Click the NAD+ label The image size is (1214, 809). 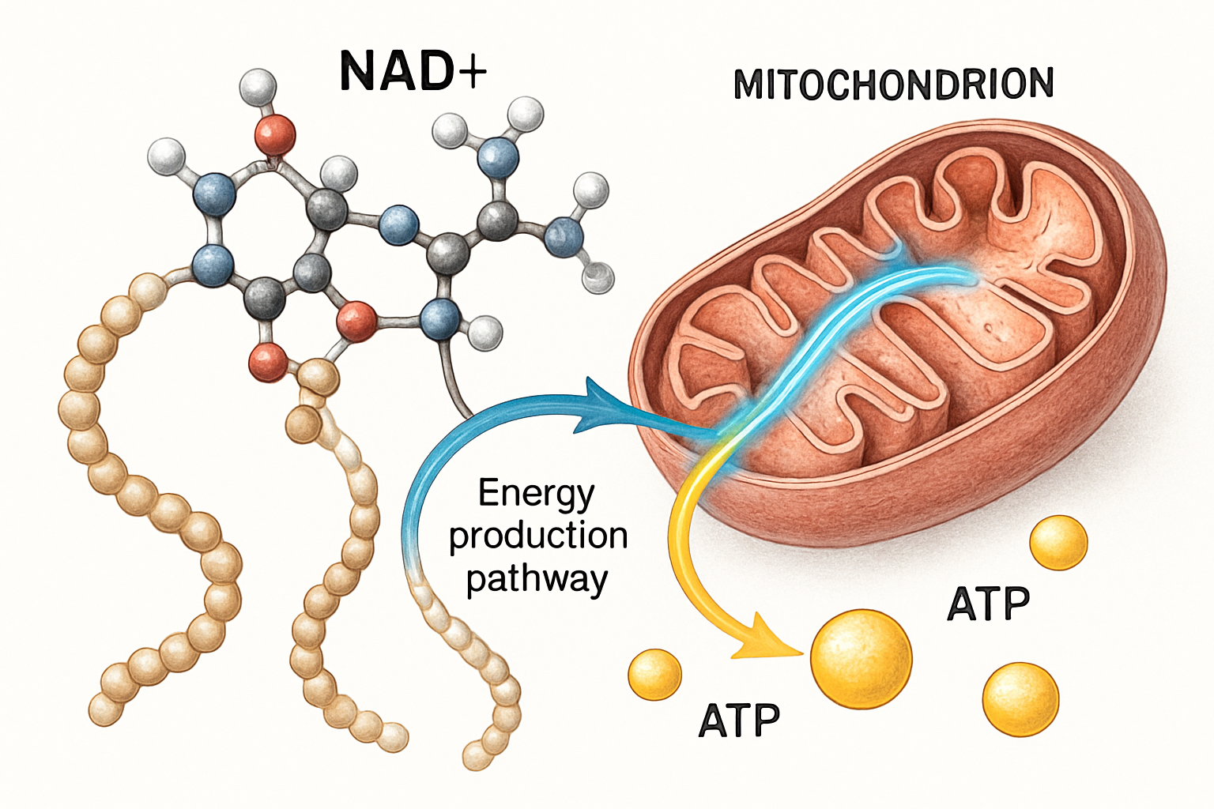[x=413, y=71]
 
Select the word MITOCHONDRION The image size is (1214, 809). [x=893, y=85]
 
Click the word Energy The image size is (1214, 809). [x=536, y=494]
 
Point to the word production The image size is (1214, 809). [x=538, y=536]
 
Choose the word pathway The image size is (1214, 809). [x=537, y=579]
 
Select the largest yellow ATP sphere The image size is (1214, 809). [x=861, y=657]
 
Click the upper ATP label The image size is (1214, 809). [x=988, y=605]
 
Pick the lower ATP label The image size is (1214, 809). [x=739, y=721]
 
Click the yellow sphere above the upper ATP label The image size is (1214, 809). [x=1058, y=543]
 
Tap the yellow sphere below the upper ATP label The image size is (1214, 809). [x=1020, y=699]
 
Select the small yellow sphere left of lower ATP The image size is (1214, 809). [x=654, y=674]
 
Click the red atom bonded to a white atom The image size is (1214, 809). [x=275, y=134]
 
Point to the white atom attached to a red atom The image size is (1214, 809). [x=258, y=88]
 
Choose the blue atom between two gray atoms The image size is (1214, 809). [x=398, y=225]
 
